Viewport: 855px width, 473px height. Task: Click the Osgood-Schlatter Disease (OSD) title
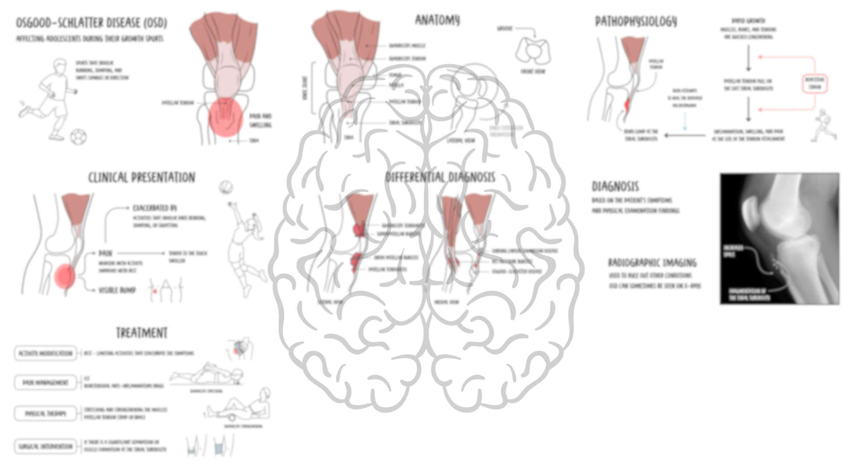(91, 23)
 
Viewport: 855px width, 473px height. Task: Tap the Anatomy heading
(437, 20)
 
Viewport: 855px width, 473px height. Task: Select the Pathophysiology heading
(636, 21)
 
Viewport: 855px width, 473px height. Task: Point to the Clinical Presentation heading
(142, 177)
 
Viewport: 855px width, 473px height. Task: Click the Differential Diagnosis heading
(440, 177)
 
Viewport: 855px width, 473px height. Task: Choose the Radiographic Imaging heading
(652, 263)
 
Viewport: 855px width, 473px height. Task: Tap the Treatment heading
(142, 333)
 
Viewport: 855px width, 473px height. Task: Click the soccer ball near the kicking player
(78, 137)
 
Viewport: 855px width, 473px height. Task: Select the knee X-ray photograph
(780, 239)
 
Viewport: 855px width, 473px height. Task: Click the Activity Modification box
(45, 353)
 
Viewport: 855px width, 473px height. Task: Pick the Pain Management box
(45, 383)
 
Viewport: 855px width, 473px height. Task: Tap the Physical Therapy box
(45, 413)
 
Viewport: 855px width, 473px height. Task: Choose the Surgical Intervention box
(45, 447)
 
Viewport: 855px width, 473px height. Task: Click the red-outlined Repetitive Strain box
(815, 83)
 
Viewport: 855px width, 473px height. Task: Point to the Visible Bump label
(117, 290)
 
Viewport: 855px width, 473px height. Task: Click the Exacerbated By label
(155, 208)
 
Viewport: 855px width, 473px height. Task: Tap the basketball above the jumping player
(226, 187)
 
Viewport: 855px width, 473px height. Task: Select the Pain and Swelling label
(260, 120)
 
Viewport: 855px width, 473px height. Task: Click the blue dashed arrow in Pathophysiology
(685, 121)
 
